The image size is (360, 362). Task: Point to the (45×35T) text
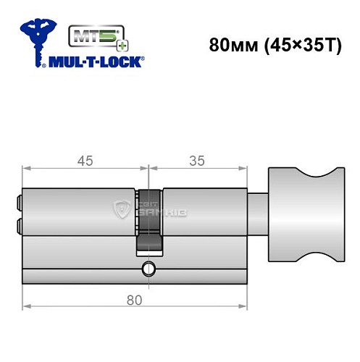(293, 44)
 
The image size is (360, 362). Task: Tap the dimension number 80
(133, 298)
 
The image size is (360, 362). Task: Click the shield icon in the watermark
(122, 211)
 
